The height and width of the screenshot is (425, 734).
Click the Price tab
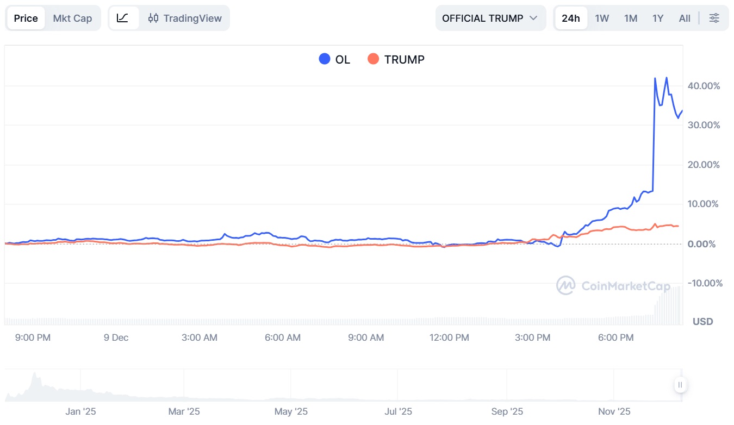click(26, 18)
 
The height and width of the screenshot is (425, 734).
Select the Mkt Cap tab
click(72, 18)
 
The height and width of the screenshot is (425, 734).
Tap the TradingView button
click(185, 18)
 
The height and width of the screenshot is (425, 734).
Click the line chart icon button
click(123, 18)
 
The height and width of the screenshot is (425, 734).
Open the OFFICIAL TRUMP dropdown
click(490, 18)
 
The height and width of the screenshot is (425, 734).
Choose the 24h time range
click(570, 18)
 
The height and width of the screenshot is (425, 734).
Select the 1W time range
click(601, 18)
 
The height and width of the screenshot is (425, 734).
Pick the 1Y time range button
click(658, 18)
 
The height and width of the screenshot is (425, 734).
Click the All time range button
click(685, 18)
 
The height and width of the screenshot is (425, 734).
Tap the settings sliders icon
click(714, 18)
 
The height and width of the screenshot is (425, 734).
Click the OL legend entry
click(335, 59)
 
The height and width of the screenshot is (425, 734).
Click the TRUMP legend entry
click(396, 59)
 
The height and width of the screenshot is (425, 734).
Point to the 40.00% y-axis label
click(704, 86)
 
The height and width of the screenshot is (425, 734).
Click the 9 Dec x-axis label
click(116, 337)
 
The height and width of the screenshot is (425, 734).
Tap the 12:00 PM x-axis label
click(449, 337)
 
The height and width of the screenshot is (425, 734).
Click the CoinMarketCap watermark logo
click(565, 285)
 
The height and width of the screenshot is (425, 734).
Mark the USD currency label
click(702, 322)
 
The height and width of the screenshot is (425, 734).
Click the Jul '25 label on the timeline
click(398, 411)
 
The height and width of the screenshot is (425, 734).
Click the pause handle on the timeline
click(680, 385)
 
